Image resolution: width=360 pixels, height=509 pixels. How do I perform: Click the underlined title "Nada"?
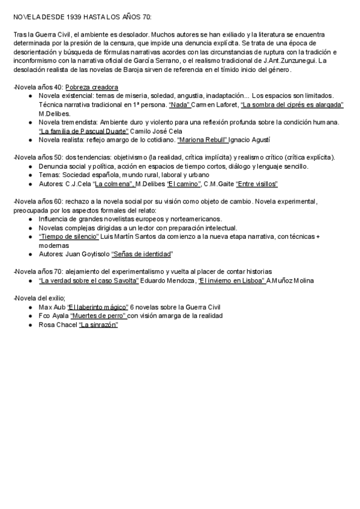(x=180, y=104)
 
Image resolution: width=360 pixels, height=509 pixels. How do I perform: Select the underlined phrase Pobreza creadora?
(x=92, y=87)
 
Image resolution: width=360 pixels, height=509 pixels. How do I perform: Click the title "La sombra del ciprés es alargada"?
(x=292, y=104)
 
